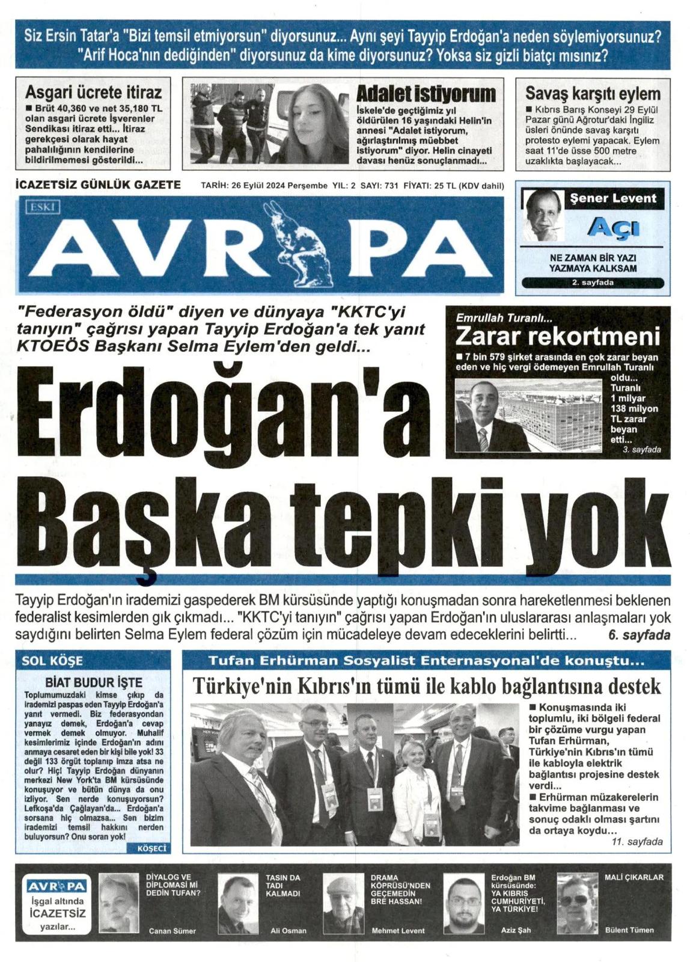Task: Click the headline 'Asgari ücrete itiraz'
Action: (x=93, y=92)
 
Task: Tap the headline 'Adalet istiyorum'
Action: (x=426, y=94)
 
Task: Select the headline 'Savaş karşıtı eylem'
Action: (x=593, y=93)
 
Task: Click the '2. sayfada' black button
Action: (x=592, y=283)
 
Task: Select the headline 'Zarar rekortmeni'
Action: (x=557, y=336)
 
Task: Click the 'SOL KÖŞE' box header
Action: (x=52, y=661)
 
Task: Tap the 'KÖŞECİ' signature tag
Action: (x=152, y=848)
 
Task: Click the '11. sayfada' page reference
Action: (x=637, y=842)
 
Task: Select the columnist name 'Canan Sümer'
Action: (x=172, y=931)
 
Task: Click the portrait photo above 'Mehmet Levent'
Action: (x=344, y=903)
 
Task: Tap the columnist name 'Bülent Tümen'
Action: (x=629, y=930)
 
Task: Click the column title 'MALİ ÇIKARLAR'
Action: (x=634, y=877)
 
